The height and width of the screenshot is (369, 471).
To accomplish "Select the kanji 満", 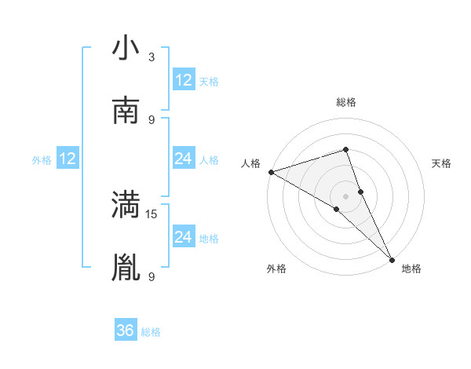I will [126, 205].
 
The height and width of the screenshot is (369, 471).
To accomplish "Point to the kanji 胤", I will [126, 267].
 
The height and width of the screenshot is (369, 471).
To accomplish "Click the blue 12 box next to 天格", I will [184, 80].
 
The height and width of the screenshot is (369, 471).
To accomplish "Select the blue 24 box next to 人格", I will [184, 159].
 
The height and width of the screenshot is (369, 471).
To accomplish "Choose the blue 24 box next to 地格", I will [184, 236].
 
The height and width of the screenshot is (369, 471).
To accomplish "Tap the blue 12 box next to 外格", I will [68, 159].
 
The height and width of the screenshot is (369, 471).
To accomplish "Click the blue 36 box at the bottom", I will [126, 331].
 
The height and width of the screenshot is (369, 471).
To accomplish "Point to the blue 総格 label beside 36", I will [151, 331].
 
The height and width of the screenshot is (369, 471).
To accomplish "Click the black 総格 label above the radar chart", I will [345, 102].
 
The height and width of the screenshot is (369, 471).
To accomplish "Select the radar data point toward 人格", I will [270, 172].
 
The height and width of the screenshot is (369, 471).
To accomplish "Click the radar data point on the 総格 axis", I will [345, 149].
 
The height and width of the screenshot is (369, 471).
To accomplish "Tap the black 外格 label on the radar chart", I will [276, 269].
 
